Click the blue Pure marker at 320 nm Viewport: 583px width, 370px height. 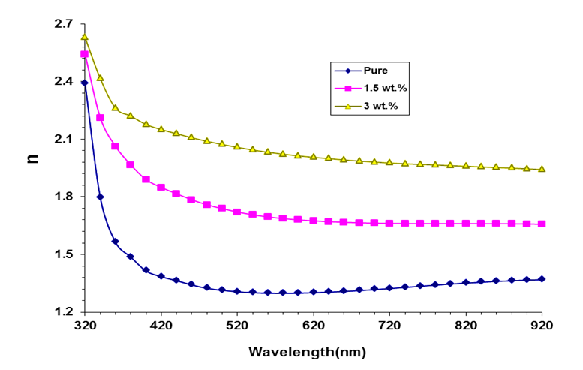coord(85,83)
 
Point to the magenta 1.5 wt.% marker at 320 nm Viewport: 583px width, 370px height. coord(85,54)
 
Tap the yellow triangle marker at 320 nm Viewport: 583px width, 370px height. coord(85,37)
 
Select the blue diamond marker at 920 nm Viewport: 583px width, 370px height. coord(542,279)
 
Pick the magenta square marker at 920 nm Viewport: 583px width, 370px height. coord(542,224)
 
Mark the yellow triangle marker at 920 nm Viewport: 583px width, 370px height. coord(542,169)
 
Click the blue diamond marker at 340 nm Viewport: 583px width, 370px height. coord(100,197)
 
